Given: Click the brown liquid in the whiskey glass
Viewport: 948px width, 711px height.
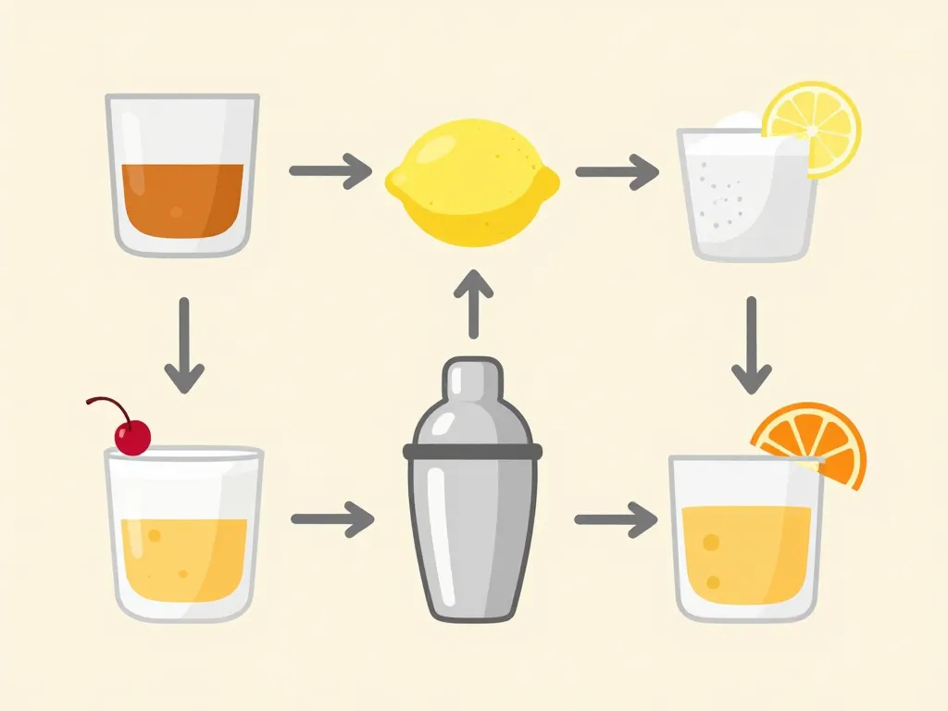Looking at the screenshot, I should click(182, 199).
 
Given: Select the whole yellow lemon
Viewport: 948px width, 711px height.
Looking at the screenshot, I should click(473, 185).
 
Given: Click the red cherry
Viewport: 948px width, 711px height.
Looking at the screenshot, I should click(133, 436).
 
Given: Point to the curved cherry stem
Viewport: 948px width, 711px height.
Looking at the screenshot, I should click(107, 405).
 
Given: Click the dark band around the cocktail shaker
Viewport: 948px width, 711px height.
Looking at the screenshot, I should click(473, 451).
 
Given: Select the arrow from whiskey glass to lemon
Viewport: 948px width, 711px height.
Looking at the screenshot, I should click(331, 171).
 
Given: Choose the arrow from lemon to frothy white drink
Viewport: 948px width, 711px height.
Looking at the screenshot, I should click(617, 171).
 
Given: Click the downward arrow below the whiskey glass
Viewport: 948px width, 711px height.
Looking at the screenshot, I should click(184, 345).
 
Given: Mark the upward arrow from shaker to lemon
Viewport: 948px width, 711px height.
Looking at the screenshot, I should click(473, 304).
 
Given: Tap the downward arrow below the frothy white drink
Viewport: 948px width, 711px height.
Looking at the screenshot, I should click(751, 345).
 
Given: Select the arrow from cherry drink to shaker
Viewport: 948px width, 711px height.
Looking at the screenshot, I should click(332, 519).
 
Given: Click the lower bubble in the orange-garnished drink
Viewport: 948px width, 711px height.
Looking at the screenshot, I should click(713, 581).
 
